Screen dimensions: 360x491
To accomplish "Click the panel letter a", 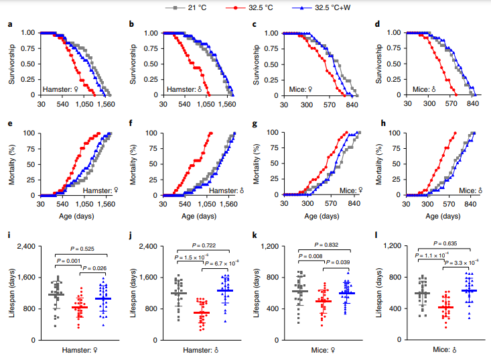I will click(x=10, y=24).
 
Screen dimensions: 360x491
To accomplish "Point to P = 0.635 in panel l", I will click(x=444, y=243).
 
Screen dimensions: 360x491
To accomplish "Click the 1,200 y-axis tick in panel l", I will click(x=391, y=246).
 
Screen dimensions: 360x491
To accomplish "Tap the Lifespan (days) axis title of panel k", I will click(x=255, y=293).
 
